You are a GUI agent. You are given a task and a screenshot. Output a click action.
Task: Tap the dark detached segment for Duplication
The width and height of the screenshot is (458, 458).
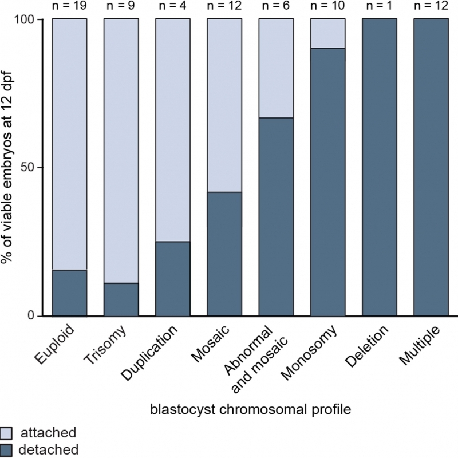coord(173,279)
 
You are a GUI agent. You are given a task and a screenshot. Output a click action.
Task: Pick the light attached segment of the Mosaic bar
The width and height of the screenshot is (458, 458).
coord(224,105)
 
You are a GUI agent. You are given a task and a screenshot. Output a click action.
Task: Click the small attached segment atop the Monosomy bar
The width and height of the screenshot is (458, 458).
coord(327,34)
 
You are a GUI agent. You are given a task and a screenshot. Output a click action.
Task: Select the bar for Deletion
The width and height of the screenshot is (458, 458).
coord(379,167)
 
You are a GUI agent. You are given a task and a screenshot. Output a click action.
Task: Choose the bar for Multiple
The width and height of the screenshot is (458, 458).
coord(431,167)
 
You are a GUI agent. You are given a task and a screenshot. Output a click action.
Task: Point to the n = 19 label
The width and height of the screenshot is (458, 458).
coord(69,6)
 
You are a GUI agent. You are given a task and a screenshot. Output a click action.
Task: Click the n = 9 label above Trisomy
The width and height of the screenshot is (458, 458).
coord(121,6)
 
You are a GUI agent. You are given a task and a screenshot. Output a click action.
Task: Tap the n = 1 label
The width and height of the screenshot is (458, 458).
coord(379,6)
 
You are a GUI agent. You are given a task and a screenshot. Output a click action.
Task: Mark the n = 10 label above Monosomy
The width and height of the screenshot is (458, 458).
coord(327,6)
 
